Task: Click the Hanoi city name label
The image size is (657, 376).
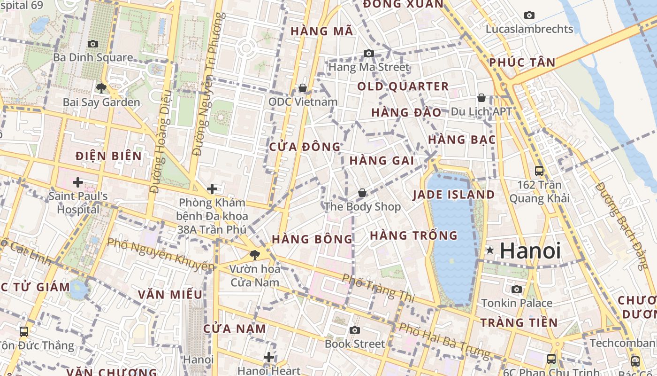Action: (x=530, y=251)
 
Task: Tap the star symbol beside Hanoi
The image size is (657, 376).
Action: (x=490, y=251)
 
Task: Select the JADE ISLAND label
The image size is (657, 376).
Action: (x=454, y=195)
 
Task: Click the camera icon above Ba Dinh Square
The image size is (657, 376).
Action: (x=93, y=44)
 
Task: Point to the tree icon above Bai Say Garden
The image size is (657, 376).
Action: (x=101, y=88)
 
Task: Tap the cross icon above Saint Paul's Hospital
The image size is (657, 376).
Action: (x=78, y=182)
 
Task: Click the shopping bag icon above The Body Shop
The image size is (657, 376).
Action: (x=362, y=193)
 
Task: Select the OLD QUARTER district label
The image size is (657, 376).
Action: (x=403, y=86)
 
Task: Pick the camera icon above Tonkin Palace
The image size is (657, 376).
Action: (x=517, y=289)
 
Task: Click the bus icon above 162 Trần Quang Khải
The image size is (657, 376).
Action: (x=539, y=171)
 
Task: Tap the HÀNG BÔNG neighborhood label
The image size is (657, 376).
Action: (x=312, y=239)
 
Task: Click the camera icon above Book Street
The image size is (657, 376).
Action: (x=355, y=330)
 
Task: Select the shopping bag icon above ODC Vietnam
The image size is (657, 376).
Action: (x=303, y=88)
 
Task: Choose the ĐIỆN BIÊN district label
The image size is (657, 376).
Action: (x=108, y=156)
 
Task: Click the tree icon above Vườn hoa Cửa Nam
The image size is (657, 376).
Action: (x=255, y=255)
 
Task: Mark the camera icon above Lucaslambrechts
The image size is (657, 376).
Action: (x=529, y=15)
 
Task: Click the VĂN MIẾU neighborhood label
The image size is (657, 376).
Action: (x=170, y=295)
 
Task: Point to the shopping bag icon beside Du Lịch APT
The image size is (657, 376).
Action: (x=481, y=98)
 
